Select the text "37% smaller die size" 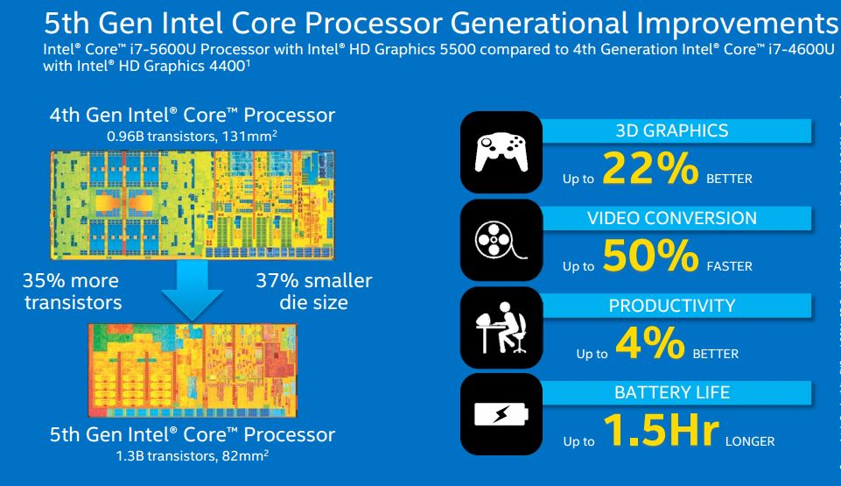(313, 292)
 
